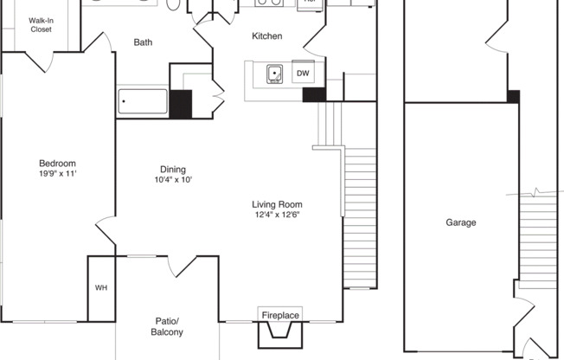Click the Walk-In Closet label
coord(40,24)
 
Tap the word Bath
coord(144,42)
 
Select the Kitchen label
coord(266,35)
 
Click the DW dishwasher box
coord(303,74)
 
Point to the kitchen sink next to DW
coord(276,74)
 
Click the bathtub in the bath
coord(143,102)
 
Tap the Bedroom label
coord(57,164)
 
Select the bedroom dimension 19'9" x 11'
coord(57,174)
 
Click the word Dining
coord(173,170)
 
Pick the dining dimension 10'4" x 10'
coord(173,180)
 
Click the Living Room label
coord(279,204)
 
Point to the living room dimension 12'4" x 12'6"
coord(279,215)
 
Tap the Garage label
coord(461,222)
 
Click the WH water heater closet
coord(100,288)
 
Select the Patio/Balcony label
coord(169,326)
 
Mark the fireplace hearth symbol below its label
coord(279,334)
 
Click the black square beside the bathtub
coord(180,104)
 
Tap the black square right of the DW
coord(313,93)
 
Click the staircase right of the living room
coord(359,216)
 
